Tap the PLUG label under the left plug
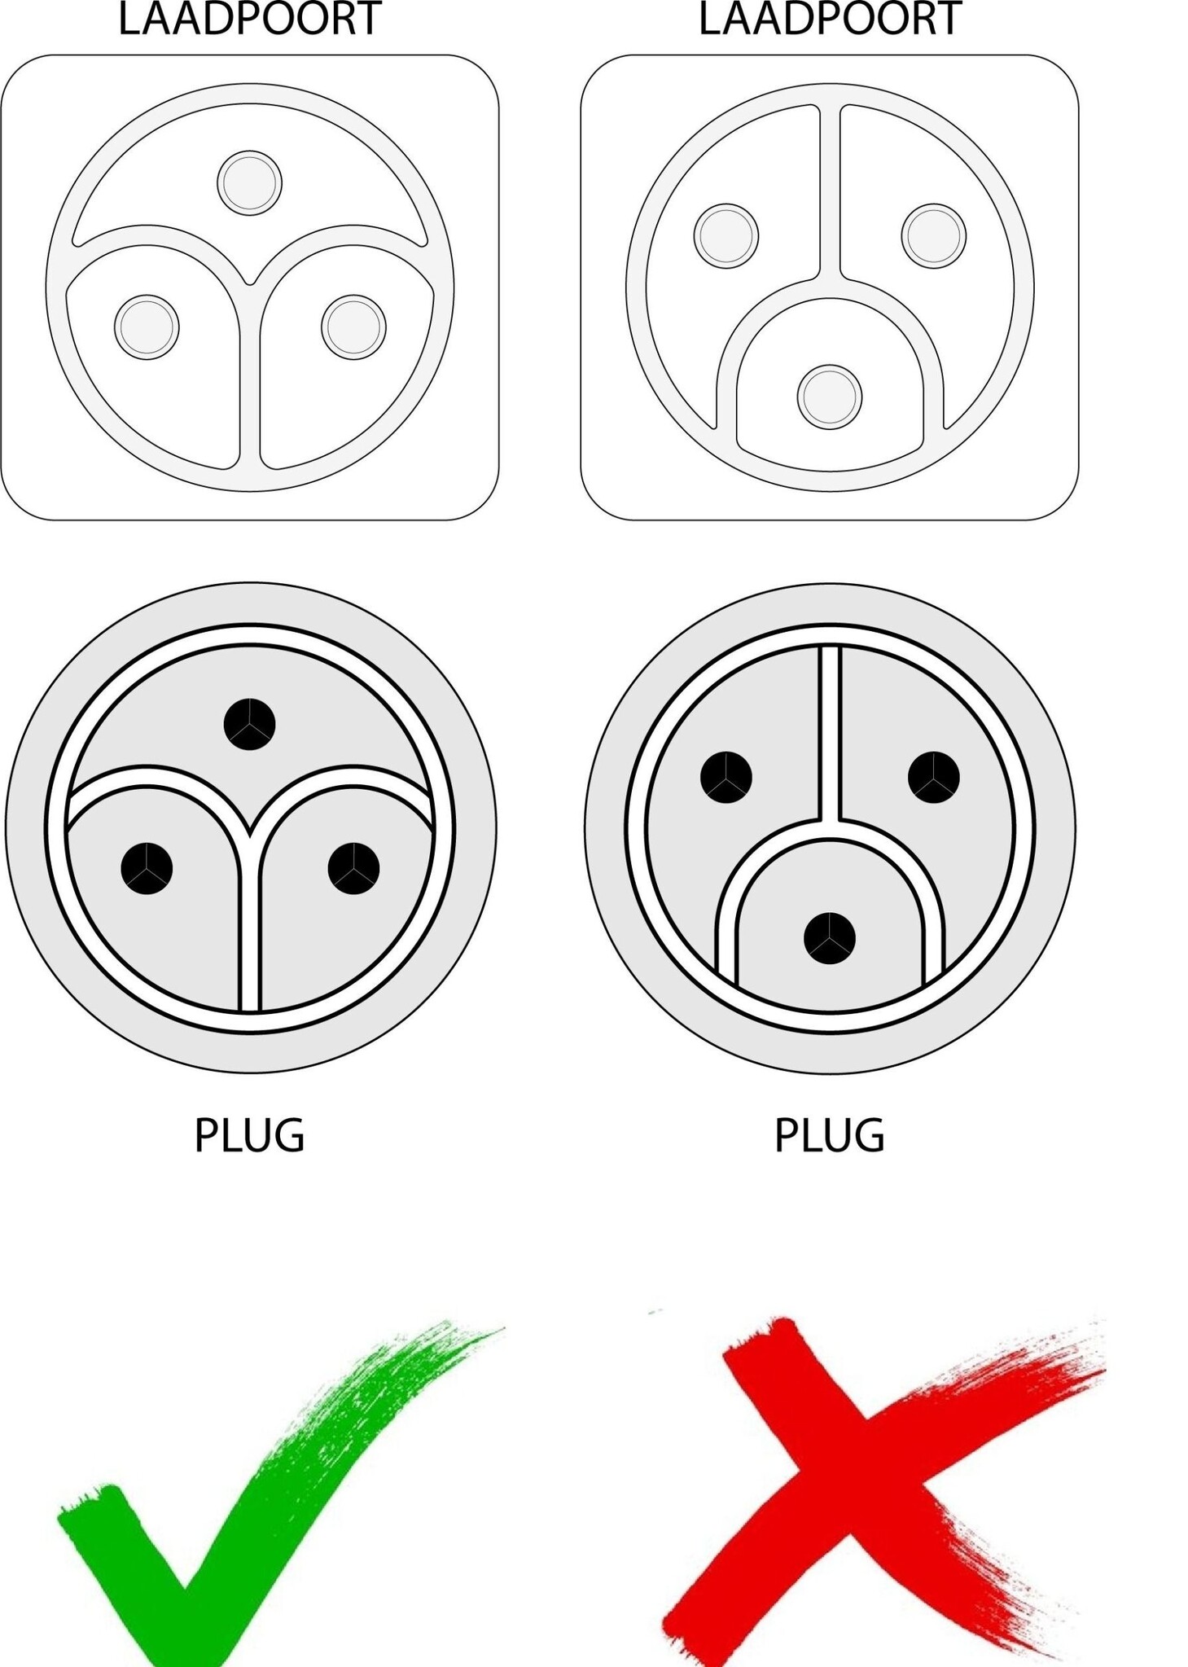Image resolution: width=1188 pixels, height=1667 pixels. pos(249,1135)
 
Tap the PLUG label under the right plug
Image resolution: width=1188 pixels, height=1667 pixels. pos(829,1135)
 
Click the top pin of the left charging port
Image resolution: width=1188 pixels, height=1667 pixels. pos(249,183)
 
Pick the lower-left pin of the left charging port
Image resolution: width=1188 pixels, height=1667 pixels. pos(147,327)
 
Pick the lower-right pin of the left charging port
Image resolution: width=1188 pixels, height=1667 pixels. pos(353,327)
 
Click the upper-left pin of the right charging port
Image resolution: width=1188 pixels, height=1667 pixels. pos(726,235)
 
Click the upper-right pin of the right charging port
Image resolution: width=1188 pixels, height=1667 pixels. pos(933,235)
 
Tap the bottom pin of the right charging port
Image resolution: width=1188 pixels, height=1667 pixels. pos(829,397)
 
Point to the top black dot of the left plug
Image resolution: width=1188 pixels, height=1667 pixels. pos(249,724)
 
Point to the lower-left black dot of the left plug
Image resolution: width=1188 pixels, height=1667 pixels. pos(147,868)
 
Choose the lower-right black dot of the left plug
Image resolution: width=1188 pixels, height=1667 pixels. pos(353,868)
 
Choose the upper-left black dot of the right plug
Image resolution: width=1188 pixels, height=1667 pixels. pos(726,778)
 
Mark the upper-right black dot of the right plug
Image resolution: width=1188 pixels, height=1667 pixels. pos(933,778)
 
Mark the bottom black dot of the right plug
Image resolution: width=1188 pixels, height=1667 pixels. pos(829,938)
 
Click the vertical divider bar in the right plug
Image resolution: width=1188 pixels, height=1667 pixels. pos(829,732)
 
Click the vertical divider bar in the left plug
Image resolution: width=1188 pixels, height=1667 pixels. pos(249,928)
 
